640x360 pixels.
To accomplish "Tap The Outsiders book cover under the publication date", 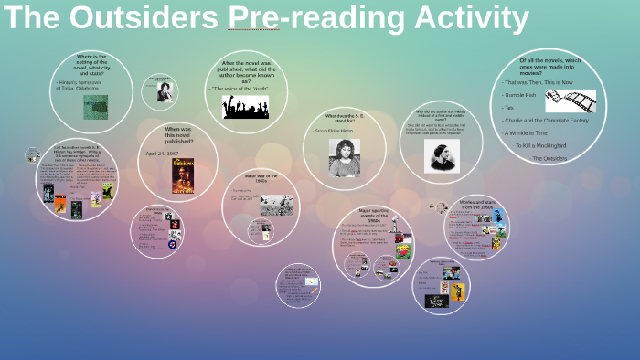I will tap(183, 175).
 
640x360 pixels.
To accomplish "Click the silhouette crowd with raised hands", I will tap(245, 107).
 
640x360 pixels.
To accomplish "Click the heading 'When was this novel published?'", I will tap(178, 135).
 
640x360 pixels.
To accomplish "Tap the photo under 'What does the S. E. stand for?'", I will tap(344, 156).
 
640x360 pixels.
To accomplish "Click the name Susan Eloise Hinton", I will tap(333, 131).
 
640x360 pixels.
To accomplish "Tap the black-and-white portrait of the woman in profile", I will tap(442, 155).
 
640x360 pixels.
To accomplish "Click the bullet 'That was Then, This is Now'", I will tap(539, 82).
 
